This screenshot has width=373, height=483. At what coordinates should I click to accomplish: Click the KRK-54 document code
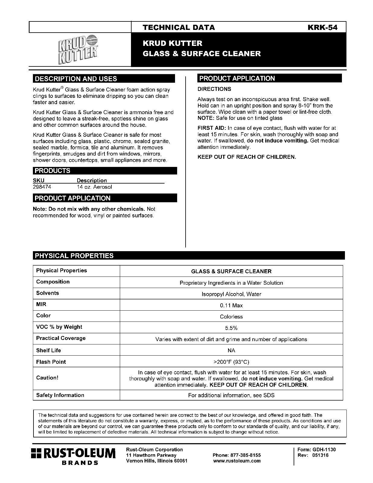tap(322, 27)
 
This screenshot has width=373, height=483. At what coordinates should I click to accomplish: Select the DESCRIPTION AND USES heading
tap(76, 79)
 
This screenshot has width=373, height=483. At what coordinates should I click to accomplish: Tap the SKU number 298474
tap(42, 187)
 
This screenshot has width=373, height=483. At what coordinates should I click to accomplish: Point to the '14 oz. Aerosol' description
tap(94, 187)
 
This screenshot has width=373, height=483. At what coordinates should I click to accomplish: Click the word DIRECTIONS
tap(214, 89)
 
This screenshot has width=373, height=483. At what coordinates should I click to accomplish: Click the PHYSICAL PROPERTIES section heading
tap(74, 256)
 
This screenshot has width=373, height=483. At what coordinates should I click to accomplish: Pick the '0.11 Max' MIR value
tap(231, 305)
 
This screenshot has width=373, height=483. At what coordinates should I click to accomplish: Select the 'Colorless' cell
tap(231, 317)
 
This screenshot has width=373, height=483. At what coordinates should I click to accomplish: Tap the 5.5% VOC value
tap(231, 328)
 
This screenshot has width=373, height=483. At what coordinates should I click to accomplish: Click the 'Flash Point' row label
tap(51, 362)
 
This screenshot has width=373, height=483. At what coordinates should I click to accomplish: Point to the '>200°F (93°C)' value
tap(231, 362)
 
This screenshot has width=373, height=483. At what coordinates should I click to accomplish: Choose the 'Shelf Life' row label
tap(49, 350)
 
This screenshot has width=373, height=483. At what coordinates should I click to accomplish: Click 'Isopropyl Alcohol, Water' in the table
tap(231, 294)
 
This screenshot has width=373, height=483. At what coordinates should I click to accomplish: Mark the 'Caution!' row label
tap(47, 378)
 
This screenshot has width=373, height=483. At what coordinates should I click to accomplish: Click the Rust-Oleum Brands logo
tap(73, 456)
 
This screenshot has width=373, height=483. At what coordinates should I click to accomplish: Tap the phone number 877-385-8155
tap(237, 455)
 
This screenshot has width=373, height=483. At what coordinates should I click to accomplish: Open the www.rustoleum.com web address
tap(237, 461)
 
